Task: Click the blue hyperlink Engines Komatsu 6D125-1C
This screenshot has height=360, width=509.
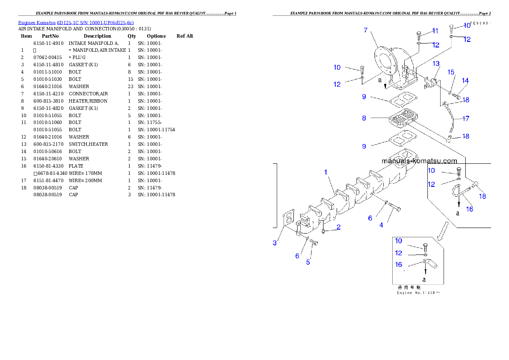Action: (x=76, y=23)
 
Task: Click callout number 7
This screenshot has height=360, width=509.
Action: (x=366, y=30)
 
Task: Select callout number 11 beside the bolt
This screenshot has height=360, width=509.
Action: (x=435, y=31)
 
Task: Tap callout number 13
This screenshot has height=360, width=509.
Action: (x=436, y=64)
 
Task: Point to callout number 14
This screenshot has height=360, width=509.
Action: (x=465, y=80)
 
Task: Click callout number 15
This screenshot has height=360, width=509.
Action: (x=451, y=72)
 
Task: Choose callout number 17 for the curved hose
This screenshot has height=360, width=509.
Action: (x=466, y=118)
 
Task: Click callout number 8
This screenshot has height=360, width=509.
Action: (x=364, y=118)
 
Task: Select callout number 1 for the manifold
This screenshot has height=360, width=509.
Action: (x=326, y=172)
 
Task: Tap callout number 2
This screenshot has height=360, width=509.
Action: (x=338, y=227)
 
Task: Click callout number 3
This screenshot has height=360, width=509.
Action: (x=275, y=243)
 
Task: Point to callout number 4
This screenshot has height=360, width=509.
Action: (x=381, y=225)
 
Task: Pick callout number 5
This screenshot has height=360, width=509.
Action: (x=308, y=262)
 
